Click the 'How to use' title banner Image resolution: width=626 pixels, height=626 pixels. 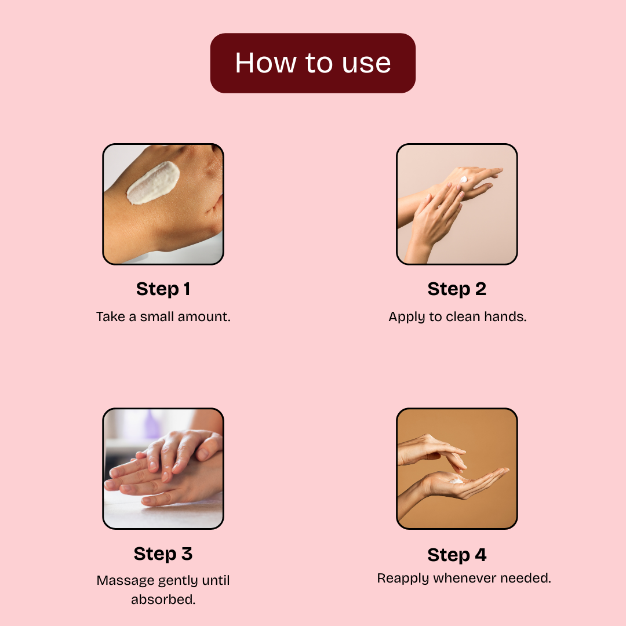click(x=312, y=63)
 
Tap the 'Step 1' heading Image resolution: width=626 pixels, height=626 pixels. click(x=163, y=289)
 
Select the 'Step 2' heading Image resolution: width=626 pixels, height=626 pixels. click(x=457, y=289)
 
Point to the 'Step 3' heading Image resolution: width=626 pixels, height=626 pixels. click(x=163, y=554)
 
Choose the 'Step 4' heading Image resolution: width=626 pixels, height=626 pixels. click(x=457, y=555)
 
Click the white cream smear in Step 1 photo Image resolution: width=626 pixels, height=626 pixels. click(x=153, y=183)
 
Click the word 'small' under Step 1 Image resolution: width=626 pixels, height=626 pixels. click(x=157, y=316)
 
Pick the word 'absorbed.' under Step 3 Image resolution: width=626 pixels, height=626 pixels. click(x=163, y=599)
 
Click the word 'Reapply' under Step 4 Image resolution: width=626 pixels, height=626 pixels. click(x=403, y=578)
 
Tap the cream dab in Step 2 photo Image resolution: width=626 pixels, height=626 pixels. click(x=463, y=179)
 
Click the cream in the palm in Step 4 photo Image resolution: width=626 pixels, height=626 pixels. click(x=456, y=481)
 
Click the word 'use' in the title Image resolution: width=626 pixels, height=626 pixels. click(x=366, y=64)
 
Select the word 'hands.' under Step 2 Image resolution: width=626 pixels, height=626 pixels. click(x=505, y=316)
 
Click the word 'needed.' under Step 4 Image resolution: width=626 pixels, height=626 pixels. click(x=526, y=578)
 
